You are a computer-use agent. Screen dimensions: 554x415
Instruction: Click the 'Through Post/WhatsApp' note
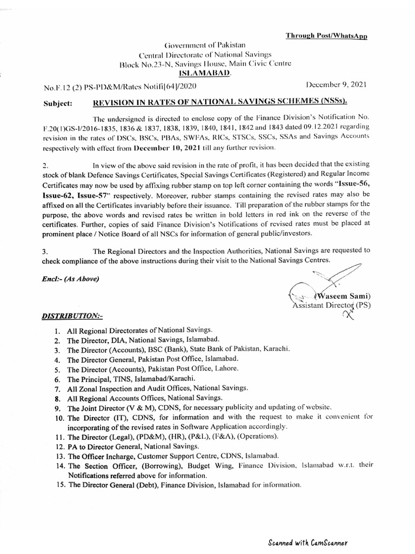point(327,36)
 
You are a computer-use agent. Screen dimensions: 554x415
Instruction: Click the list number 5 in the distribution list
point(57,368)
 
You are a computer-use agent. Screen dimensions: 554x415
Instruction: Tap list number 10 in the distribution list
point(59,417)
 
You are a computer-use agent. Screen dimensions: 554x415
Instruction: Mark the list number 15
point(59,485)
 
